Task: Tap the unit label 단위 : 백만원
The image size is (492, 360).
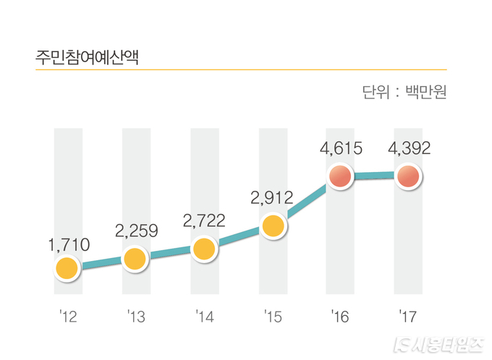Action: pyautogui.click(x=404, y=93)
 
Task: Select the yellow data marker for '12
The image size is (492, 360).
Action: pyautogui.click(x=66, y=269)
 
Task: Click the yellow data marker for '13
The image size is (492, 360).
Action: pyautogui.click(x=135, y=257)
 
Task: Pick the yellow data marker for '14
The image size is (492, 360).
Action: pyautogui.click(x=205, y=249)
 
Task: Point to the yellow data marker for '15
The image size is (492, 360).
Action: pyautogui.click(x=273, y=226)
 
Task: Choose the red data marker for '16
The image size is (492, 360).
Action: pyautogui.click(x=340, y=176)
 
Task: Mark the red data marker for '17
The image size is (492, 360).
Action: pyautogui.click(x=409, y=176)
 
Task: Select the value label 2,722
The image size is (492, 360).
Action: pyautogui.click(x=205, y=220)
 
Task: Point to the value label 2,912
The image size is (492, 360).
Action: pyautogui.click(x=273, y=197)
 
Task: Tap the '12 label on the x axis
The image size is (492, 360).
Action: pyautogui.click(x=66, y=316)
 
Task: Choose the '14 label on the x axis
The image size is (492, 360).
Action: pyautogui.click(x=204, y=316)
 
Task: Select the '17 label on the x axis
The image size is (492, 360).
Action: pyautogui.click(x=408, y=316)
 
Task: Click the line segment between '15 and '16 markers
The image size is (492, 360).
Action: pyautogui.click(x=307, y=202)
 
